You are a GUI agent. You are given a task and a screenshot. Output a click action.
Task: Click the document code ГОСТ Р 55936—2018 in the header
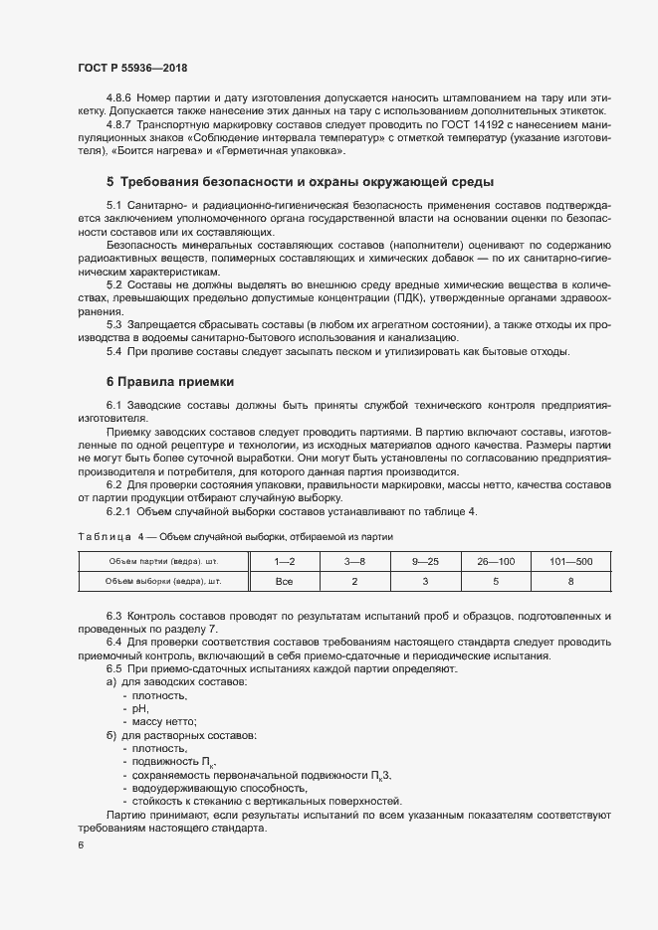pos(131,68)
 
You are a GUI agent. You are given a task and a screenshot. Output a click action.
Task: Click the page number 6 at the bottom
pos(81,845)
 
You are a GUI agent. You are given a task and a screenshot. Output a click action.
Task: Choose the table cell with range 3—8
pos(354,562)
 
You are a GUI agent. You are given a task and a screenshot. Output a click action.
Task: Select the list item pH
pos(139,708)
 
